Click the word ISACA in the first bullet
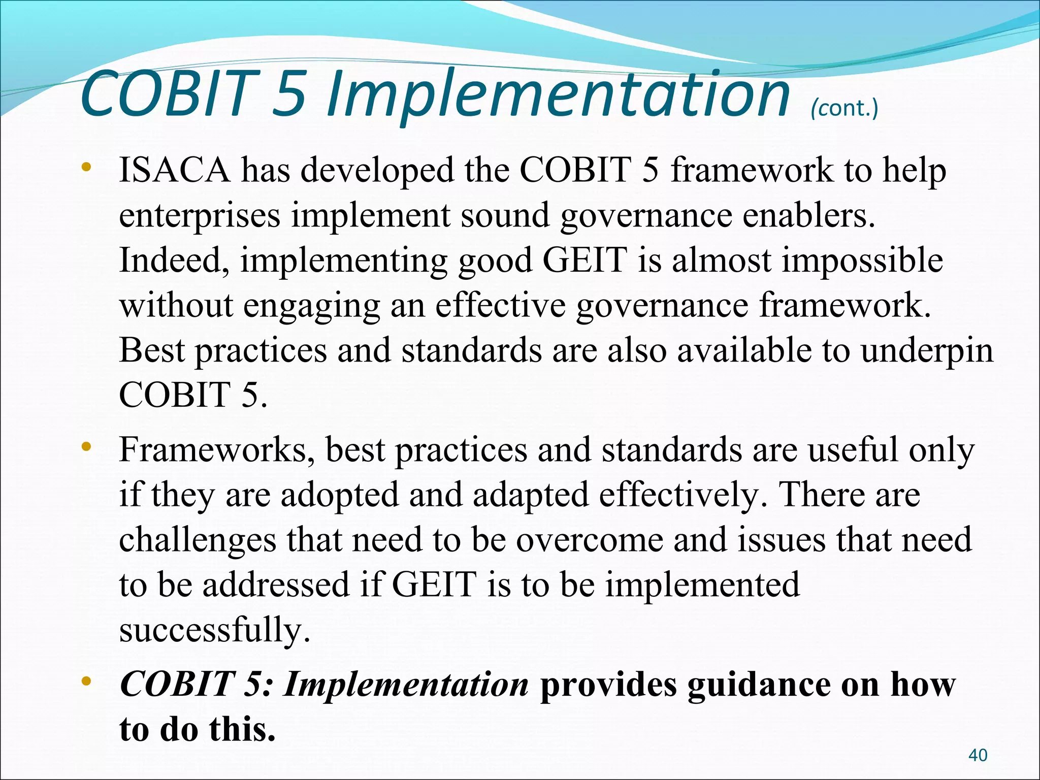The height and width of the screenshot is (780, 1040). [174, 170]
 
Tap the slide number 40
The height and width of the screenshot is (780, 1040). [978, 755]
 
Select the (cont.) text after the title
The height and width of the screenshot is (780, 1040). [844, 108]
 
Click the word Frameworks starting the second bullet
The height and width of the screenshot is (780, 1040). [216, 450]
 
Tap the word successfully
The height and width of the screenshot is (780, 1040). [214, 630]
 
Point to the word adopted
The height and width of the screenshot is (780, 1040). [339, 495]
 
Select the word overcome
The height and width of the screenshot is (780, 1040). [590, 539]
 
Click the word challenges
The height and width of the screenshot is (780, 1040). [198, 539]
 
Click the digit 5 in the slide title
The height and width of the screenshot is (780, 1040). [289, 94]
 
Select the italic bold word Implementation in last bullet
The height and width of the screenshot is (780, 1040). [406, 684]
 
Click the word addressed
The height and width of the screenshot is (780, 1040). [276, 584]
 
